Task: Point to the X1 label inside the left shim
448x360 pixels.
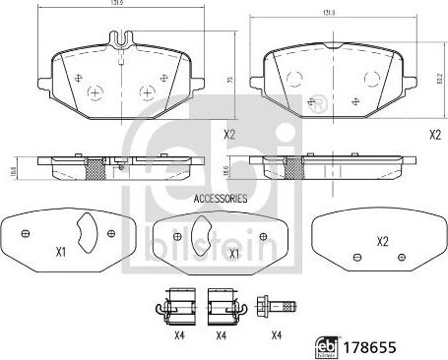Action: [59, 252]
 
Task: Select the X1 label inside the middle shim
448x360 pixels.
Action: [233, 253]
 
